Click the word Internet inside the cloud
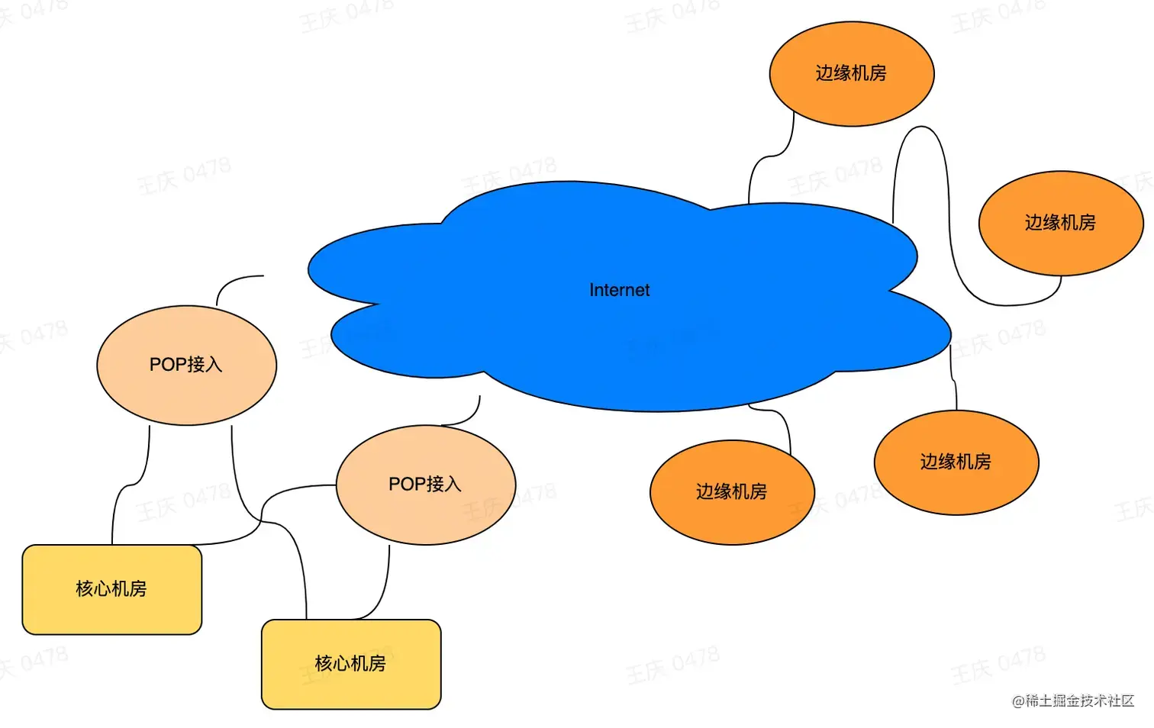619,290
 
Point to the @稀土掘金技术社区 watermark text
1073,701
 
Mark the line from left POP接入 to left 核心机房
130,485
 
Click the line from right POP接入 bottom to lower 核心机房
382,595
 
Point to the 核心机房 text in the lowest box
350,663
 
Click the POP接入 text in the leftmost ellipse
185,365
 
